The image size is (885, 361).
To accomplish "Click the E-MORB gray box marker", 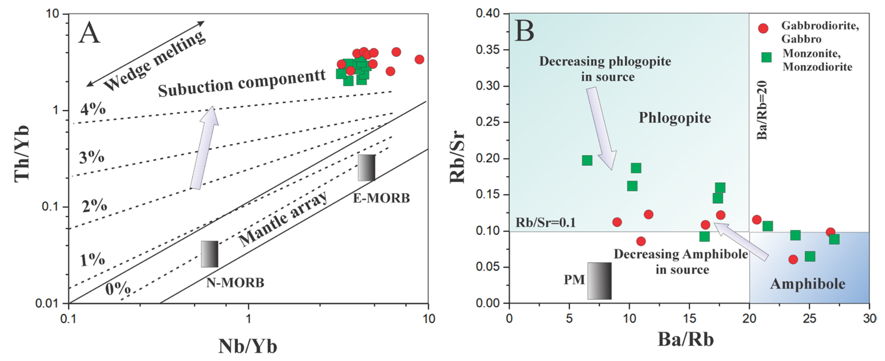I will (x=366, y=168).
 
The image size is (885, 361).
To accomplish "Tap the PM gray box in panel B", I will (x=599, y=280).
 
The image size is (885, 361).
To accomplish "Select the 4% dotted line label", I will (x=93, y=109).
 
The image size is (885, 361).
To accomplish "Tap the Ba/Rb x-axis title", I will (x=685, y=339).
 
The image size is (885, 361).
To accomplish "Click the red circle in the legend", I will (x=763, y=28).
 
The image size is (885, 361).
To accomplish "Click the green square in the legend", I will (x=766, y=57).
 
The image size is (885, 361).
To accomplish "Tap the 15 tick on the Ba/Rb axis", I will (x=689, y=319).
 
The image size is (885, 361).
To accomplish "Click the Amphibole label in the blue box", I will (x=807, y=284).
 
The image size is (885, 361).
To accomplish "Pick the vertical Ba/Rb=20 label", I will (x=762, y=110).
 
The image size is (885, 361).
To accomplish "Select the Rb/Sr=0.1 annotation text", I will (x=545, y=223).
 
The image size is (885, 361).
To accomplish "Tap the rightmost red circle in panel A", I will (x=419, y=59).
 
